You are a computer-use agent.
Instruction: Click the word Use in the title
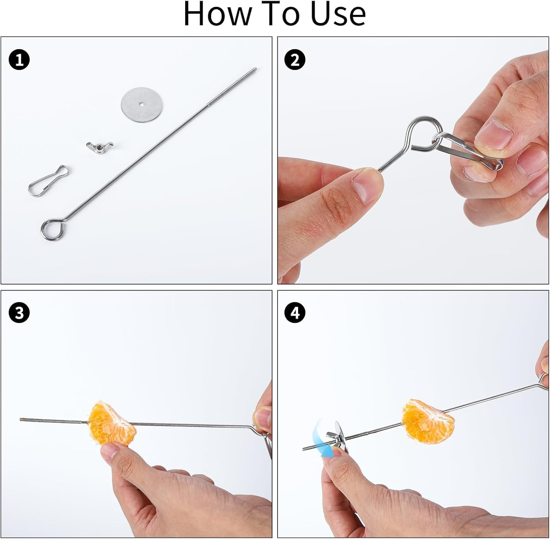338,14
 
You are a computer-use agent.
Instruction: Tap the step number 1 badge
19,60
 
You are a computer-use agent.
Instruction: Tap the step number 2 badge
295,60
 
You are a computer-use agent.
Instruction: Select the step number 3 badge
19,314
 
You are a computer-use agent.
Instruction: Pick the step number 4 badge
295,314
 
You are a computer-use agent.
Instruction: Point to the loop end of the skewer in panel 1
51,229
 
